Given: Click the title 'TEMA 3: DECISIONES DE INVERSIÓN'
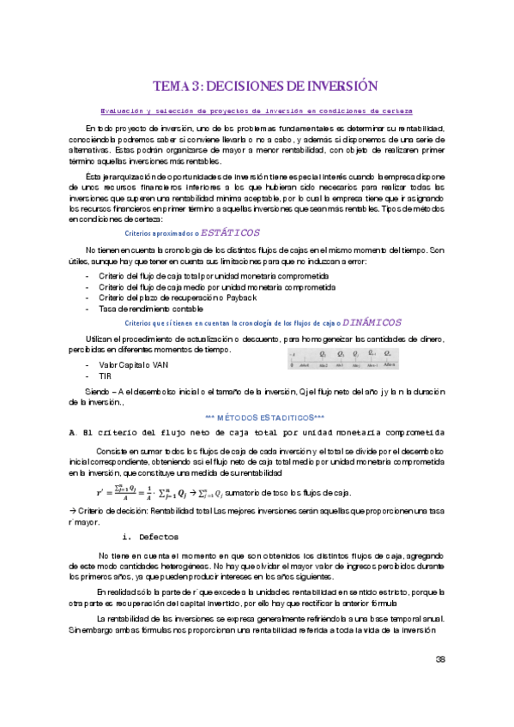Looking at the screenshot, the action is [x=265, y=86].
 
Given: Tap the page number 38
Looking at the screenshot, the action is [x=441, y=659].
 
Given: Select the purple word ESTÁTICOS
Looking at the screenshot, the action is [x=230, y=232].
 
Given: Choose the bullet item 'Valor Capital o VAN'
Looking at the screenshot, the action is [x=134, y=364].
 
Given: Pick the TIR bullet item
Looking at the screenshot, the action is [x=106, y=376].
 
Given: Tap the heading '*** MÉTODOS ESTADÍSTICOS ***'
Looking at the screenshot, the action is [x=257, y=417].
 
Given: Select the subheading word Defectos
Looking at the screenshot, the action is [x=159, y=537].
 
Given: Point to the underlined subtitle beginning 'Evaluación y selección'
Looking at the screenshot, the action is [x=257, y=111].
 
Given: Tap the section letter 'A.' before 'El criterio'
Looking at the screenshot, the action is [x=73, y=432].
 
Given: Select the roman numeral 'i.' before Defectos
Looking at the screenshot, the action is [x=127, y=537].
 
